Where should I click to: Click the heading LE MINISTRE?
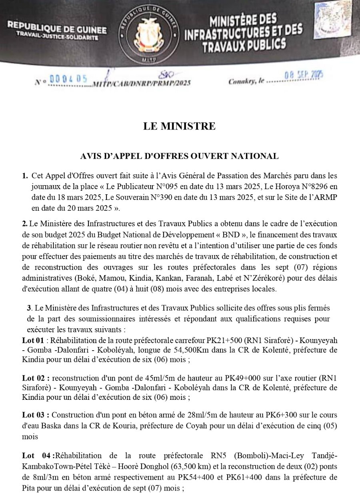click(180, 127)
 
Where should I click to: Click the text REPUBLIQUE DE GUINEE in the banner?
click(57, 30)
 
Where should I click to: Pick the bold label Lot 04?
click(36, 455)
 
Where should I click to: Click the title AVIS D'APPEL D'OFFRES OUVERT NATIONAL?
click(180, 156)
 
